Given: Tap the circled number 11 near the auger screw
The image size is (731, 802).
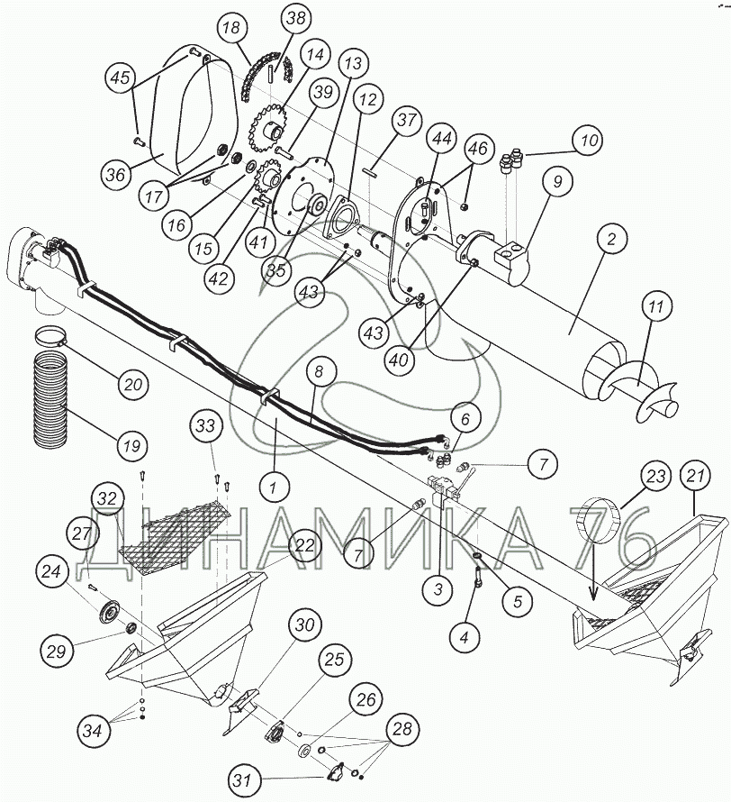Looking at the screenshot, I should click(656, 307).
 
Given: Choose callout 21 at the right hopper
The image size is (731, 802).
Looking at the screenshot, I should click(694, 476).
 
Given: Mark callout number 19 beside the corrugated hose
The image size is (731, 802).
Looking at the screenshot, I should click(132, 445).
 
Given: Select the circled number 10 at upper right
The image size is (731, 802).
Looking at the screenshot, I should click(589, 141).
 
